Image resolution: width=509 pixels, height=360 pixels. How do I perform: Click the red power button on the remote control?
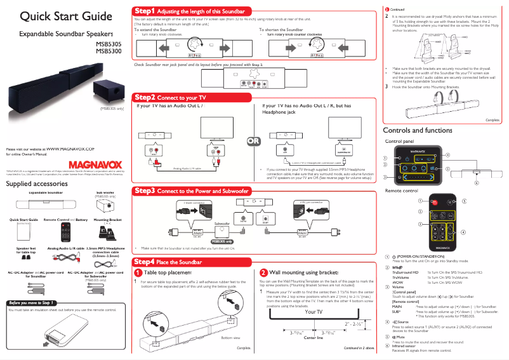point(435,183)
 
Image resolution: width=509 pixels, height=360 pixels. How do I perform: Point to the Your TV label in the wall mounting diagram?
point(314,312)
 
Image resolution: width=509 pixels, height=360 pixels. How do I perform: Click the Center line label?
point(314,338)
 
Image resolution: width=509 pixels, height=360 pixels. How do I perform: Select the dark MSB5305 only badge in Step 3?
point(221,242)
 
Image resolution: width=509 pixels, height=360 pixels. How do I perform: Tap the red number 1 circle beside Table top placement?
point(138,272)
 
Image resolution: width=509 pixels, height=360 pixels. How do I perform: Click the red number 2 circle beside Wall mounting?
point(263,272)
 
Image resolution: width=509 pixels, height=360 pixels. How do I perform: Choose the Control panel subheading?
point(400,140)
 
